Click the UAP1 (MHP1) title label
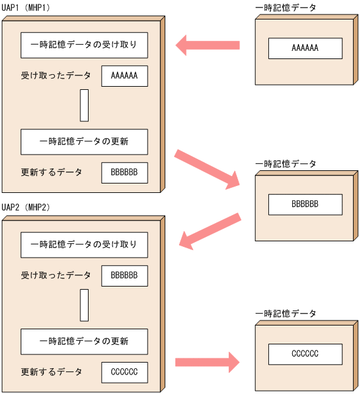26,7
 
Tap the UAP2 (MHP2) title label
26,207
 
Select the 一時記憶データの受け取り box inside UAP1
84,45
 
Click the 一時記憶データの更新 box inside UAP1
84,142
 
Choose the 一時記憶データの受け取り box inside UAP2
84,244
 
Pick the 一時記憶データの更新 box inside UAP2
84,341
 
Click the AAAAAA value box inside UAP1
124,76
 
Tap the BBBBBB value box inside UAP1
124,172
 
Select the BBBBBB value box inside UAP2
124,276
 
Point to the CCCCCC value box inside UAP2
124,372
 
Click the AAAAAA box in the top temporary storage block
305,48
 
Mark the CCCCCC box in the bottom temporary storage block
305,354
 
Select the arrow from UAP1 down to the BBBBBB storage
208,168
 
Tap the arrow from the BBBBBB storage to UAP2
210,231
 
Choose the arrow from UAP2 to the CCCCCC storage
207,362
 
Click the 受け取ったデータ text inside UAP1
56,76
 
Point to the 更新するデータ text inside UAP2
52,372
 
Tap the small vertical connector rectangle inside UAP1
84,105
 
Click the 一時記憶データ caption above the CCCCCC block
286,313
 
